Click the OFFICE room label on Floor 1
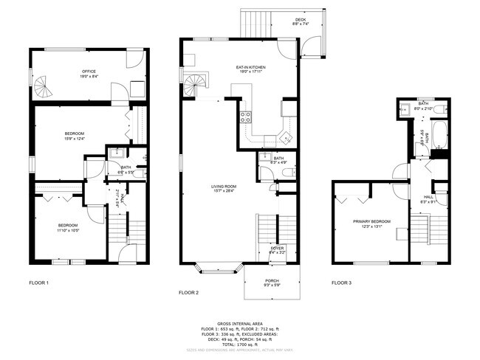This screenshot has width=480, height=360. [x=89, y=72]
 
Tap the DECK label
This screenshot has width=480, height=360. [x=301, y=20]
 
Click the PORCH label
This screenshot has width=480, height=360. [x=272, y=281]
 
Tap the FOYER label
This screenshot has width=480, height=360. [x=277, y=248]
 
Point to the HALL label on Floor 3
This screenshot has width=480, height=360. [x=428, y=197]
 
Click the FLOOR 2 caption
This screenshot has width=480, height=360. [x=189, y=293]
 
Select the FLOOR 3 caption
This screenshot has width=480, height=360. [x=341, y=283]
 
